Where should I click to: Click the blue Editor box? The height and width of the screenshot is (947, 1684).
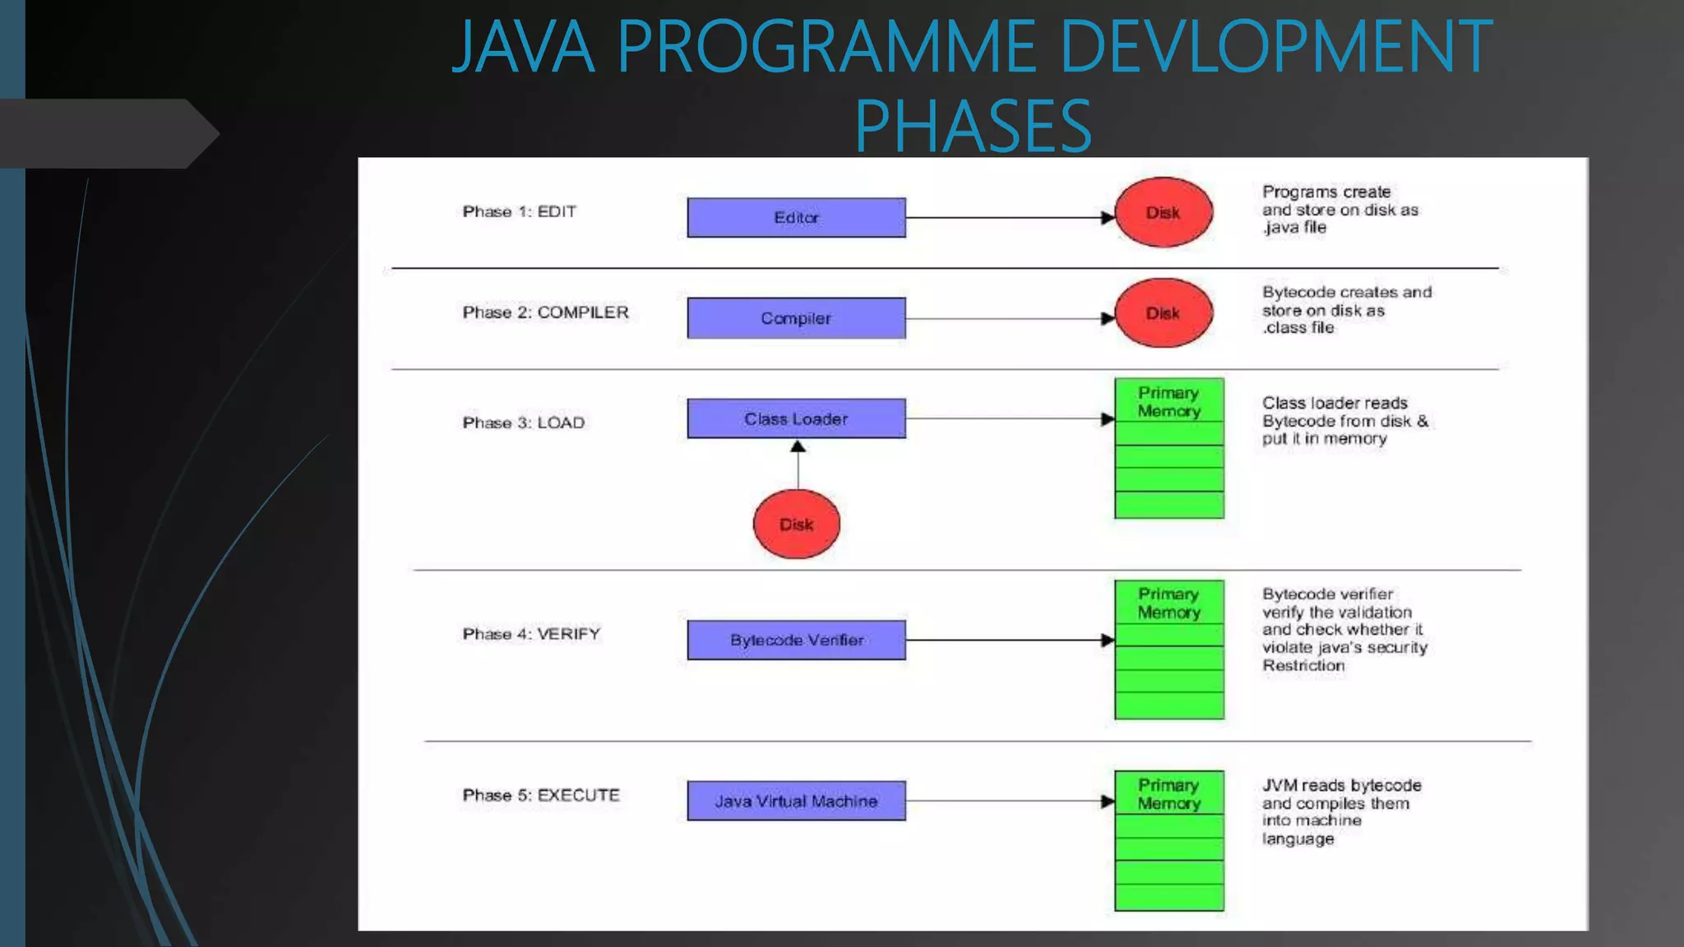[x=796, y=218]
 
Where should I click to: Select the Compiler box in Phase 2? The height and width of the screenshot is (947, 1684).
[x=796, y=318]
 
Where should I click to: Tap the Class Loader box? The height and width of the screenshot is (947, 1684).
[x=796, y=418]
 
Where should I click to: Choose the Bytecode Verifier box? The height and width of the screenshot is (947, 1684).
[x=796, y=640]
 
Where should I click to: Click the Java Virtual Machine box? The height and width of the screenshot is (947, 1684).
[x=796, y=801]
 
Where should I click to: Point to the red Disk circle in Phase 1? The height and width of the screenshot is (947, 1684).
[x=1164, y=213]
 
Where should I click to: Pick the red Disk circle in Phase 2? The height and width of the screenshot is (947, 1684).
[x=1164, y=313]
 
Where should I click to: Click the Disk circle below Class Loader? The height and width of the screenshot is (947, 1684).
[x=796, y=524]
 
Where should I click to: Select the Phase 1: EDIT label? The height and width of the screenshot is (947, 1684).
[x=519, y=211]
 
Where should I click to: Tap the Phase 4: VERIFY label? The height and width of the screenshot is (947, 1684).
[x=531, y=634]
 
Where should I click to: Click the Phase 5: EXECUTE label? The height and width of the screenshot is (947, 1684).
[x=541, y=795]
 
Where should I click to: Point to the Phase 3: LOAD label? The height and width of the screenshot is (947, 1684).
[x=523, y=423]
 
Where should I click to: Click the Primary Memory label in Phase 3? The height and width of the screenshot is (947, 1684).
[x=1168, y=402]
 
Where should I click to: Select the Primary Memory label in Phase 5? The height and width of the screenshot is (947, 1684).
[x=1168, y=794]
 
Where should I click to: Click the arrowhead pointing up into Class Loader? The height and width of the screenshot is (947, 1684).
[x=798, y=447]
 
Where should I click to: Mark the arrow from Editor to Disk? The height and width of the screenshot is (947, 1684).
[x=1007, y=218]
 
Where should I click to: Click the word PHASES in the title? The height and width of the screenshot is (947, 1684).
[x=973, y=126]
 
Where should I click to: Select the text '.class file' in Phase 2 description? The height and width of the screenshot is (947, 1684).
[x=1298, y=328]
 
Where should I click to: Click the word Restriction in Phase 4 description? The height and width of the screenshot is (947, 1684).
[x=1303, y=666]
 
